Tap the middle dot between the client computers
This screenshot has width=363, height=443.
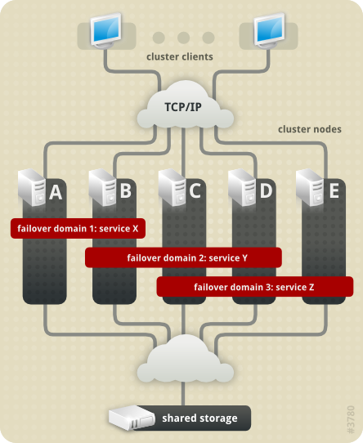click(184, 37)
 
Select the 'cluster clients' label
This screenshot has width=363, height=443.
click(180, 56)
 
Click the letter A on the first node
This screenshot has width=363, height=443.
click(56, 192)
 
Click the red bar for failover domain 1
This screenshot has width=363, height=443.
click(78, 228)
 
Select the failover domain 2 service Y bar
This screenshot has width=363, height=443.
click(183, 257)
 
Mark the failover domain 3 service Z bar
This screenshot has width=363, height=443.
click(254, 287)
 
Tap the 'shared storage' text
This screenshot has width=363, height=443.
click(199, 418)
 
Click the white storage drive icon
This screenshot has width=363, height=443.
click(132, 418)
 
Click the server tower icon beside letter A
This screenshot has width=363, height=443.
click(32, 188)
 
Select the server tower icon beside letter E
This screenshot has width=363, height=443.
click(311, 188)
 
